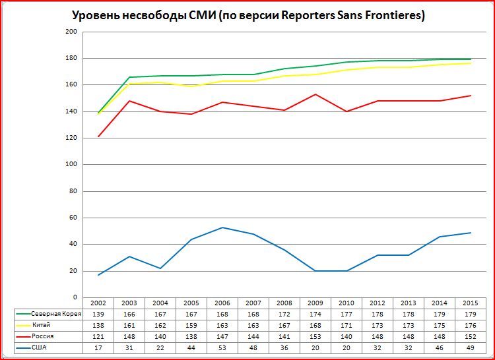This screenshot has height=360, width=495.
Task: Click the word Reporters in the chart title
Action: click(308, 15)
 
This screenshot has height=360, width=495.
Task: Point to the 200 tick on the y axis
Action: click(71, 32)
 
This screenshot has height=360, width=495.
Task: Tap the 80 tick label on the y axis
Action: click(73, 191)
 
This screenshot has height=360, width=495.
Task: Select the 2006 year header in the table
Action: click(223, 303)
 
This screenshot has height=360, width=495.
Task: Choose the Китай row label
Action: click(41, 325)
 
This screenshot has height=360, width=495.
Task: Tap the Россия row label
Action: click(42, 336)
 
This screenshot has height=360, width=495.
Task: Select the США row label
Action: click(40, 347)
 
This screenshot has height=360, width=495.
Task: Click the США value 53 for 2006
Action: click(223, 347)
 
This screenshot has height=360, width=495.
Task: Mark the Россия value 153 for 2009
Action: click(317, 336)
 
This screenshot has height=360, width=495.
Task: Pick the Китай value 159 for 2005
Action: click(191, 325)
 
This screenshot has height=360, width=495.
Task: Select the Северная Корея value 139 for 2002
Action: click(98, 314)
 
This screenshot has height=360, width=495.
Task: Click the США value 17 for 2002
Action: click(98, 347)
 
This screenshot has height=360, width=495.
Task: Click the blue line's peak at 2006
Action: click(223, 227)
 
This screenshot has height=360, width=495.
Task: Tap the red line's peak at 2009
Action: click(317, 94)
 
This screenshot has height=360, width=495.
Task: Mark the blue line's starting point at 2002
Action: click(98, 275)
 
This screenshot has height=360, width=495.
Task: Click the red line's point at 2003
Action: click(129, 101)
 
